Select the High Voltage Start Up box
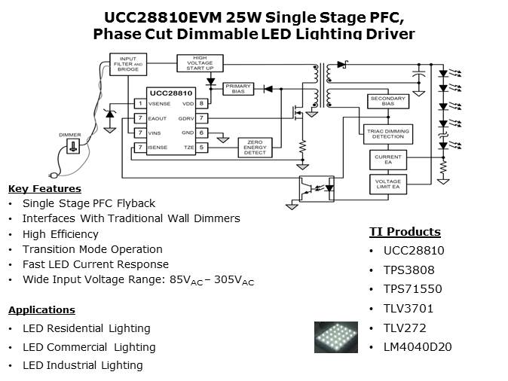(x=200, y=64)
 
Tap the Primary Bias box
(x=238, y=88)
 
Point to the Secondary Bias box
(x=387, y=102)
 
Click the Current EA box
(x=387, y=159)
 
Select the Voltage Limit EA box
(x=387, y=184)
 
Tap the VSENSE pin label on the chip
(x=160, y=104)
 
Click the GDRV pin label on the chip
(x=185, y=118)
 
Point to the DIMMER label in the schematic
(x=70, y=135)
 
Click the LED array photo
(x=335, y=337)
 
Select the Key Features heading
(x=44, y=189)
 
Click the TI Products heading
(x=405, y=232)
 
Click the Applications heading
(x=41, y=309)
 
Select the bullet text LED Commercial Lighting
(x=89, y=347)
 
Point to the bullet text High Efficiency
(x=60, y=234)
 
